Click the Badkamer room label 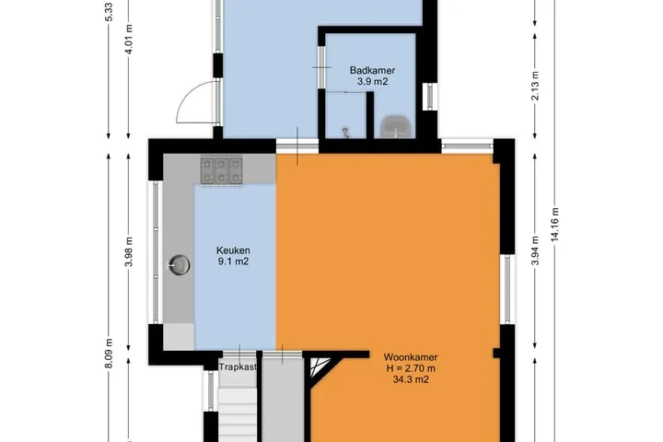pos(372,70)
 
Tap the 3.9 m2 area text pos(372,82)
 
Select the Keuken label pos(233,250)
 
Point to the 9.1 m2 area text pos(233,262)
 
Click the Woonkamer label pos(410,357)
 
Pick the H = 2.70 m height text pos(411,368)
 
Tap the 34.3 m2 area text pos(411,379)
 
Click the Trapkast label pos(238,367)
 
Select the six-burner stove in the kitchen pos(221,170)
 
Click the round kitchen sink pos(180,265)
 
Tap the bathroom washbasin pos(396,126)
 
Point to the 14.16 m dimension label pos(554,225)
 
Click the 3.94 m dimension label pos(535,250)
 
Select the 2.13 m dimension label pos(535,86)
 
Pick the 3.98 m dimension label pos(129,251)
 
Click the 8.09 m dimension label pos(109,354)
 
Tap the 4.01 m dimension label pos(129,39)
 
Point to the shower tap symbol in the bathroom pos(345,133)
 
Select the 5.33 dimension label pos(109,12)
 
